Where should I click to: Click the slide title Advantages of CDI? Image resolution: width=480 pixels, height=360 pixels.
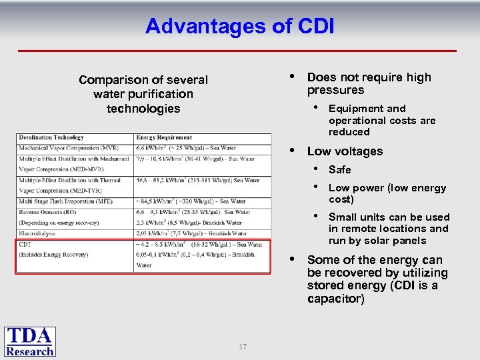pyautogui.click(x=239, y=26)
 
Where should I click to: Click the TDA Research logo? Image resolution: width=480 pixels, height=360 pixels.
pyautogui.click(x=30, y=341)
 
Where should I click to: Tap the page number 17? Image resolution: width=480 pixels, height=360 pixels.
pyautogui.click(x=243, y=347)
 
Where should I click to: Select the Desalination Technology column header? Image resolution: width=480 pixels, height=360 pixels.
pyautogui.click(x=51, y=138)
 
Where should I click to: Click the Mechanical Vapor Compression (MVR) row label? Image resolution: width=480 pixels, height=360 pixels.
pyautogui.click(x=61, y=148)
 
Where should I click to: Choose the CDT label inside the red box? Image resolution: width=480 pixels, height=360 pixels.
pyautogui.click(x=25, y=244)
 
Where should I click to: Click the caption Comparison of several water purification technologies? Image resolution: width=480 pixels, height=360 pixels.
pyautogui.click(x=143, y=94)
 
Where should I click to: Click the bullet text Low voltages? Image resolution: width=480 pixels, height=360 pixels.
pyautogui.click(x=345, y=151)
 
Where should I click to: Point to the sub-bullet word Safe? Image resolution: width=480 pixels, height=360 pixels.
pyautogui.click(x=339, y=169)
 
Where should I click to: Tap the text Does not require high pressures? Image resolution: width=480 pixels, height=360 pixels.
pyautogui.click(x=369, y=83)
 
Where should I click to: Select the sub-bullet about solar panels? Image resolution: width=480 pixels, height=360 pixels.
pyautogui.click(x=389, y=229)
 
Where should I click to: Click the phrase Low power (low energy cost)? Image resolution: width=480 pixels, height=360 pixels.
pyautogui.click(x=387, y=193)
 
